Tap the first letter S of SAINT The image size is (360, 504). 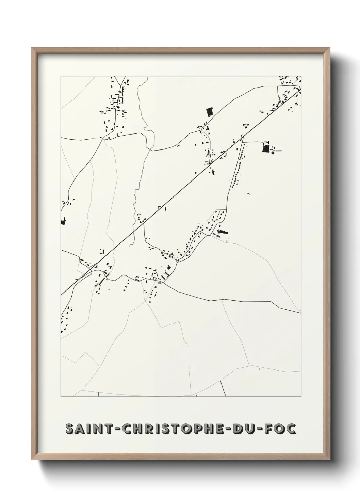point(70,429)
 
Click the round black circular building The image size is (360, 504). point(273,153)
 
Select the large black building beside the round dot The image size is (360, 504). point(265,148)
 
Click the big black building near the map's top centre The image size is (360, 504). point(209,112)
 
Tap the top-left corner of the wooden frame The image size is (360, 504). point(32,49)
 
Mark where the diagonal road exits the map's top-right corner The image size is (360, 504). point(300,89)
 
